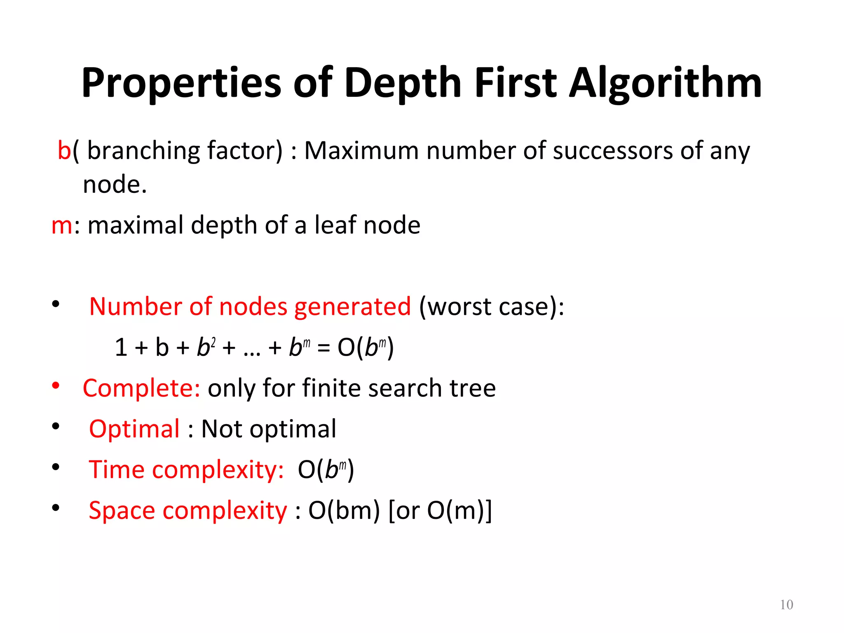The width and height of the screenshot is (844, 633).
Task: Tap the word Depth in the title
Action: click(403, 83)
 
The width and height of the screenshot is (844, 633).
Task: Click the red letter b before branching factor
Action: click(64, 150)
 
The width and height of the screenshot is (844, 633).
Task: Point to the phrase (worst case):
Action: click(491, 307)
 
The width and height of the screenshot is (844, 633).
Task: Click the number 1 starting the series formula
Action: click(121, 347)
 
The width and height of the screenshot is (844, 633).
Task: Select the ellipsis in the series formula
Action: click(252, 350)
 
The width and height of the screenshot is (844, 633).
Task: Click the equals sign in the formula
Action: click(324, 348)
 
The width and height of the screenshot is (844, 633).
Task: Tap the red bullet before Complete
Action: click(56, 386)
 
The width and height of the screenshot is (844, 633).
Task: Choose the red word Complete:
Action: click(141, 388)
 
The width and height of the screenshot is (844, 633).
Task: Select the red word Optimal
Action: click(134, 429)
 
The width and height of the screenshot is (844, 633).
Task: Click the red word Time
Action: click(116, 469)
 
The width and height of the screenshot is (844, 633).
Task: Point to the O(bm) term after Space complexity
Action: click(344, 511)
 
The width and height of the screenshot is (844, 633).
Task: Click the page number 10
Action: click(786, 605)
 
